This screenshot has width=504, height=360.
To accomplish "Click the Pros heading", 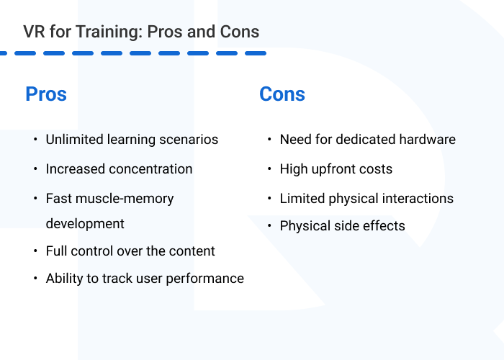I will click(46, 94).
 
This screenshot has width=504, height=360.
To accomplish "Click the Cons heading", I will click(282, 94).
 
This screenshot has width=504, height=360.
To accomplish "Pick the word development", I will click(85, 224).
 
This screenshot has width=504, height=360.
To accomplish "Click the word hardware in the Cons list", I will click(428, 139).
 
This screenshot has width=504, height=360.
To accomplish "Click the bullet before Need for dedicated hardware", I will click(268, 139).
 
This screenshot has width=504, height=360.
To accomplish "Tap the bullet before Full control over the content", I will click(35, 251).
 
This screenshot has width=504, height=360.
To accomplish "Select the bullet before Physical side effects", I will click(268, 226).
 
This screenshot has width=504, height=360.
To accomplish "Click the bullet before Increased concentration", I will click(35, 169).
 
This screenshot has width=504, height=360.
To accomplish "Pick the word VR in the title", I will click(33, 32).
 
